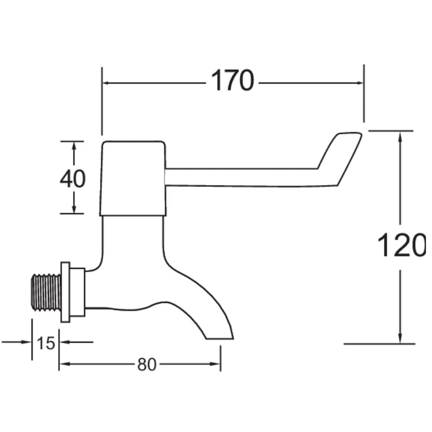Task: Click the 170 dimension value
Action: pos(232,80)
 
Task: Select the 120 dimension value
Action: pos(402,245)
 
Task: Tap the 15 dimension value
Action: pos(46,343)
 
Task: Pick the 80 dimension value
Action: pos(146,365)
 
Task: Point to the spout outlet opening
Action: pos(219,339)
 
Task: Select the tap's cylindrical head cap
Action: pos(133,178)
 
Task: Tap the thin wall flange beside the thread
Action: pos(65,292)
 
